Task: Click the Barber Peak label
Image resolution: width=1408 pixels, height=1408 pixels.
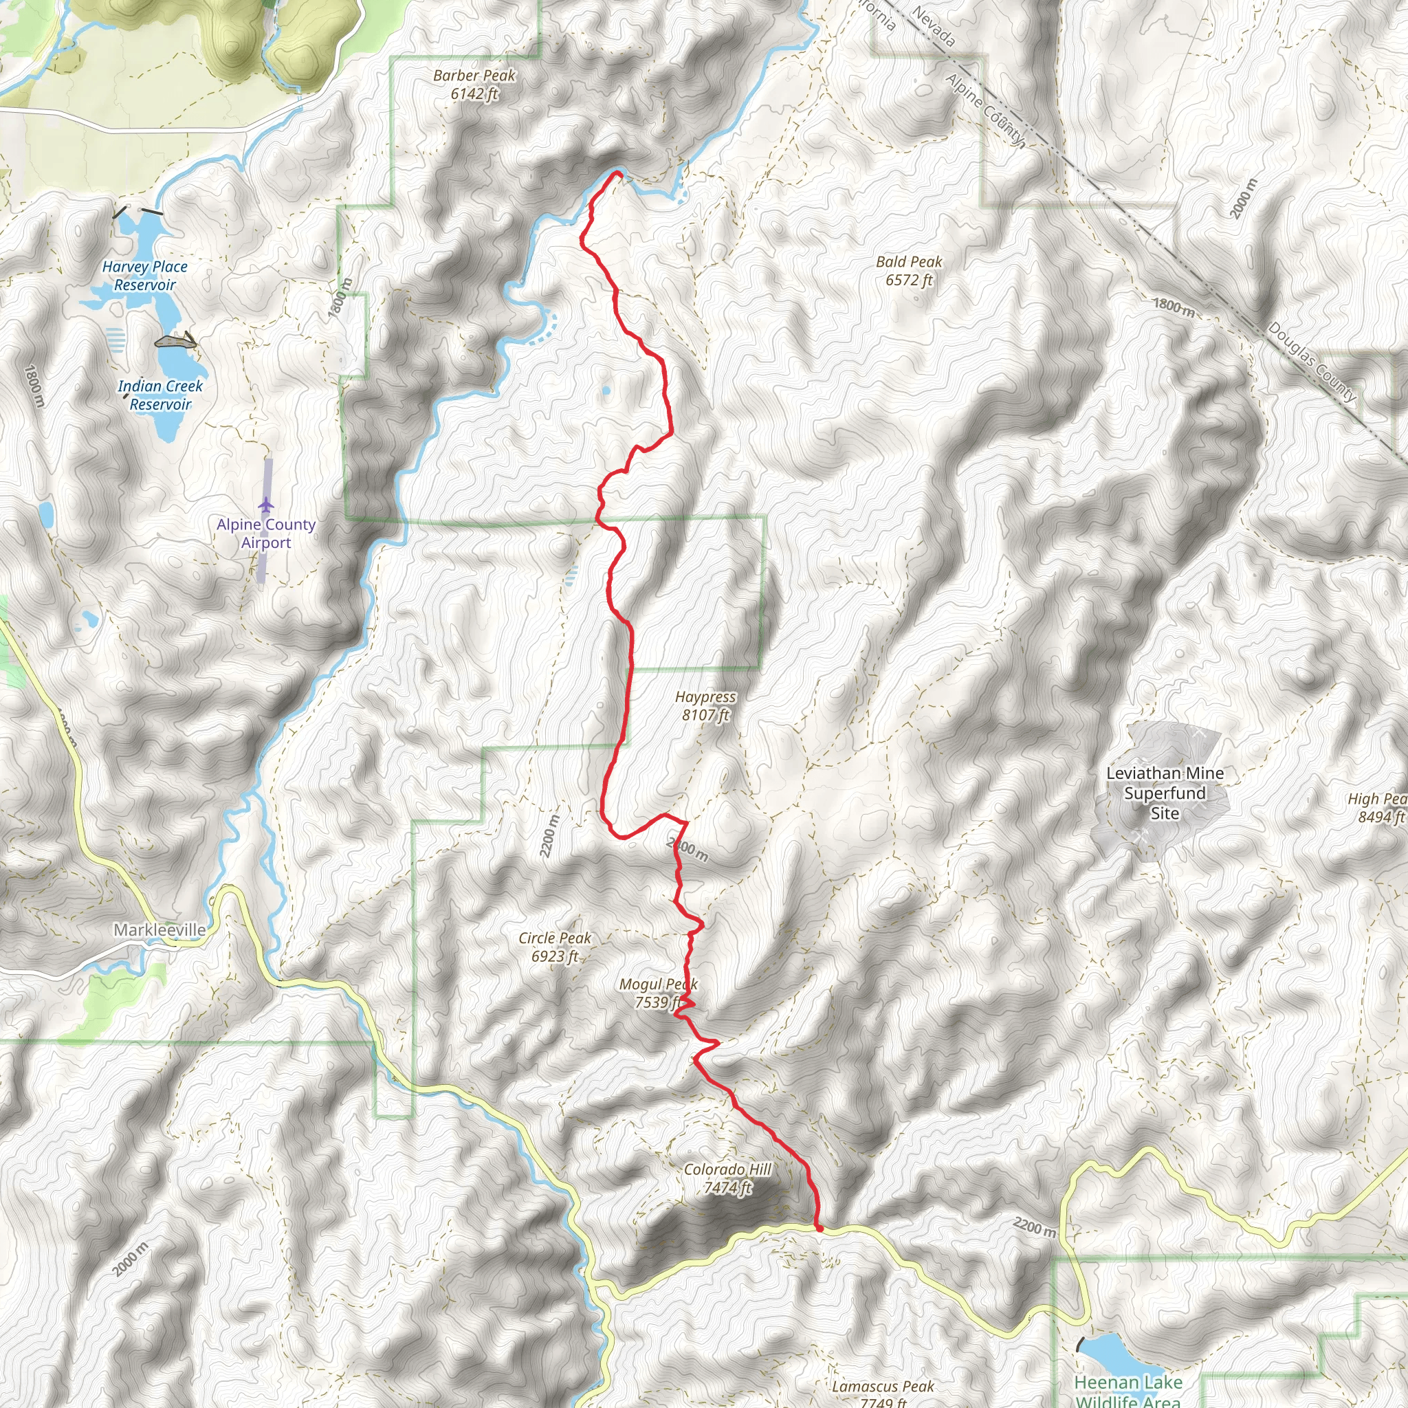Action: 474,85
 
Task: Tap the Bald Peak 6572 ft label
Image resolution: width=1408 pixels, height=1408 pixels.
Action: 909,270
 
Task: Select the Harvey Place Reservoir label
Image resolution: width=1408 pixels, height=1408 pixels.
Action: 145,276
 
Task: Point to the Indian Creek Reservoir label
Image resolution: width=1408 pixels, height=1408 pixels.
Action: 160,395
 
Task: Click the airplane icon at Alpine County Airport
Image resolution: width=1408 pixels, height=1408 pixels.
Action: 266,505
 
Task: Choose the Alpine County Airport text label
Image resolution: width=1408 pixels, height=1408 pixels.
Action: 266,533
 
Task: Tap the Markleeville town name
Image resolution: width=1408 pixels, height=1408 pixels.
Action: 159,930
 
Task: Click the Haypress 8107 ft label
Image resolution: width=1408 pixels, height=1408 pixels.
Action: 705,705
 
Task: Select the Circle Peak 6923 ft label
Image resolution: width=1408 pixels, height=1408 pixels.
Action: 555,947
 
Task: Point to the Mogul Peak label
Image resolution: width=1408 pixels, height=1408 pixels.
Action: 658,993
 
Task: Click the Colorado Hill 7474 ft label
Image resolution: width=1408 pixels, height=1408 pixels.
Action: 727,1178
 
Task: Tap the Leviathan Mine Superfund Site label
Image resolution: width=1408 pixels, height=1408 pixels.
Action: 1165,793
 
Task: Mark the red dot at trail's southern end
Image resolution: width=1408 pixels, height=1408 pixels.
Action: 819,1229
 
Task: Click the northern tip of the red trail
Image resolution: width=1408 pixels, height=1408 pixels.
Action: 618,173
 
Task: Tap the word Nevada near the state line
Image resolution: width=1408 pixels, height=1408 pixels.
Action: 934,27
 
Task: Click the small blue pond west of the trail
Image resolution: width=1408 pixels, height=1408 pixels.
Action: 606,391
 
